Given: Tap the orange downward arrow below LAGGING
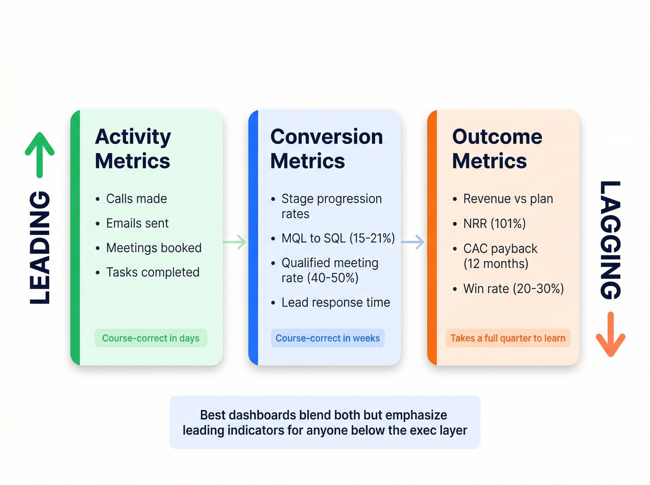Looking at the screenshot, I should (610, 334).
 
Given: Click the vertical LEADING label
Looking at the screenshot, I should (40, 247).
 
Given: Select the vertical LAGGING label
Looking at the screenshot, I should (610, 240).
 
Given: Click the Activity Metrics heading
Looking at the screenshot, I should (133, 149).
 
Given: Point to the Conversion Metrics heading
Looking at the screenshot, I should (326, 149).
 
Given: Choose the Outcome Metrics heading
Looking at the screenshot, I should (497, 149).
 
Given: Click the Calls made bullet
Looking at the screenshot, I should (136, 199).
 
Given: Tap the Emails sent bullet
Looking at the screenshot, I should (137, 223).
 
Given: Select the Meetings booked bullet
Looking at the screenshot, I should (154, 248).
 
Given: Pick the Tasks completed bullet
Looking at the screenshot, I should (153, 272).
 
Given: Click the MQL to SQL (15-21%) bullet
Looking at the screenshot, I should (338, 239).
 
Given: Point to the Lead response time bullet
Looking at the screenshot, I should (335, 303).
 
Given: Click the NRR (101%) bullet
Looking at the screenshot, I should (494, 224).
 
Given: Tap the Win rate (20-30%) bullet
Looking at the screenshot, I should (513, 289).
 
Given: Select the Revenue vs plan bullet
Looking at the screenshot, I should (508, 199).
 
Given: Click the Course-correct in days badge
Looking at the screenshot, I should (151, 338).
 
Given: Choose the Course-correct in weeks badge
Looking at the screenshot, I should (328, 338).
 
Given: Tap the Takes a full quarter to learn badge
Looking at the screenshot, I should (507, 338).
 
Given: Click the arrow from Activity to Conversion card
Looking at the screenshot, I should (235, 242).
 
